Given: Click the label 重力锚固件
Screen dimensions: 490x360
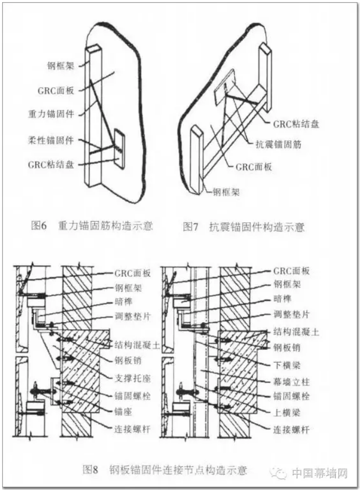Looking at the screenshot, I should [50, 114].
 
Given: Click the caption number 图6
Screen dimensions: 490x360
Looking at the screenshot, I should [40, 226].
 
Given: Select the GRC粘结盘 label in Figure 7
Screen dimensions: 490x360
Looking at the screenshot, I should [296, 124].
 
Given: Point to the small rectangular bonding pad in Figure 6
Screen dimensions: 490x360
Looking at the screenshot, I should [119, 149].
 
